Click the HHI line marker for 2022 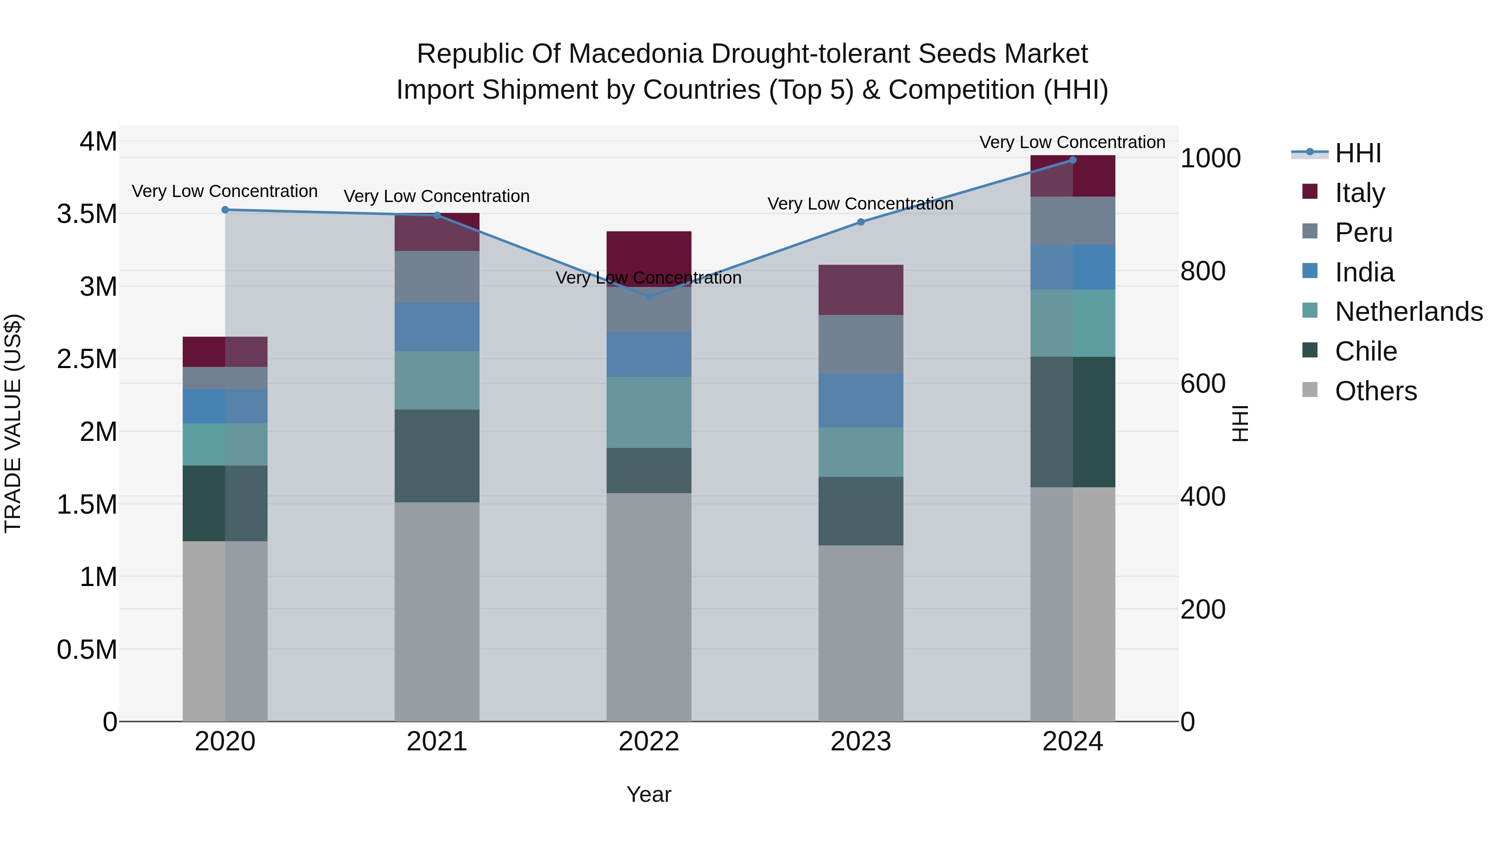coord(648,297)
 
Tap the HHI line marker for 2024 coord(1073,160)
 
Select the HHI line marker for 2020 coord(225,210)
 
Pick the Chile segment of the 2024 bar coord(1073,422)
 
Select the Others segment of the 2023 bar coord(861,633)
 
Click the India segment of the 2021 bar coord(437,327)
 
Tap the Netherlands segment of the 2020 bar coord(225,444)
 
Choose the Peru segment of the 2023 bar coord(861,344)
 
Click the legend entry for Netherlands coord(1408,312)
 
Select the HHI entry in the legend coord(1357,153)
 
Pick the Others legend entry coord(1375,391)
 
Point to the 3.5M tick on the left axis coord(87,214)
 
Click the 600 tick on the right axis coord(1202,384)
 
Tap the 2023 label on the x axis coord(861,742)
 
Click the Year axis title coord(648,794)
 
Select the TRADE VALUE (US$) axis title coord(13,423)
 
